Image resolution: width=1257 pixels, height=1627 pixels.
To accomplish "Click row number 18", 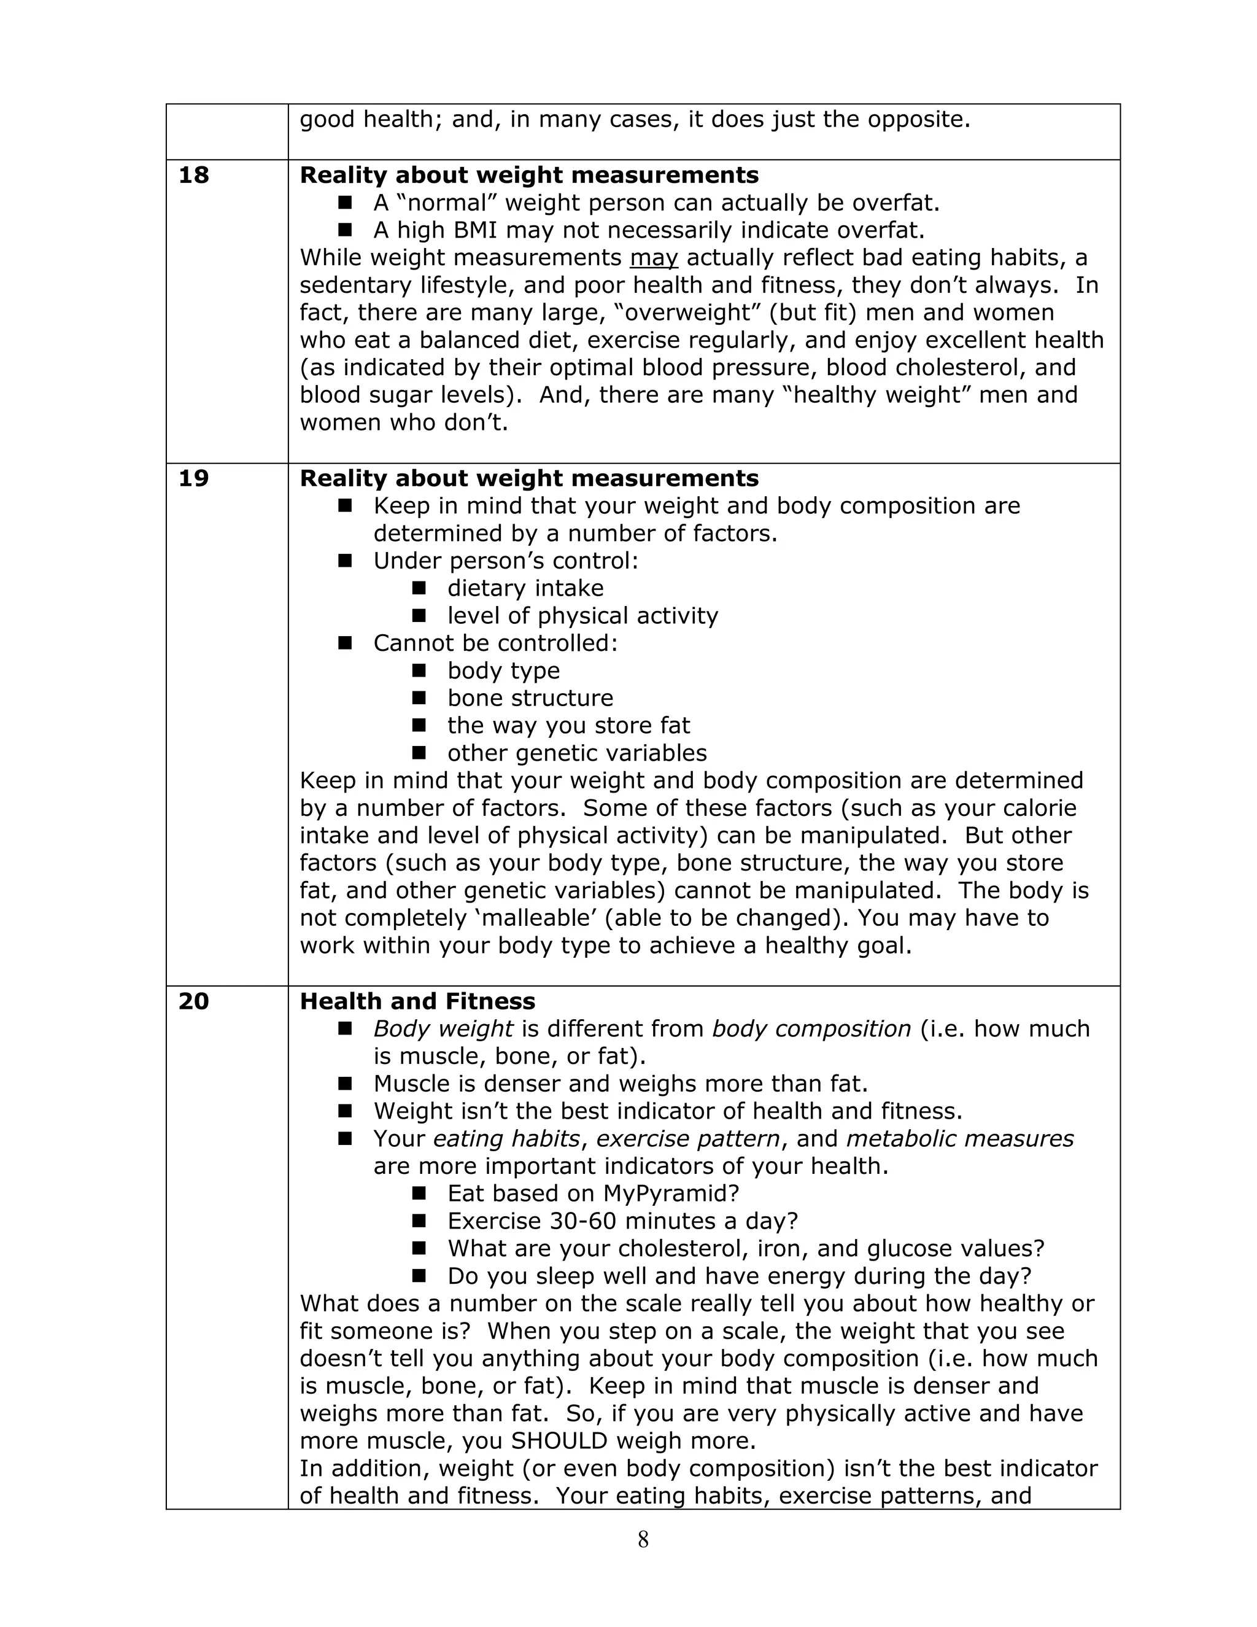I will [x=193, y=175].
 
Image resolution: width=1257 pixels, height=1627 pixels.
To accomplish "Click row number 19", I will [x=193, y=478].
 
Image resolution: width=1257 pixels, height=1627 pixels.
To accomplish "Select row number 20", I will [x=193, y=1001].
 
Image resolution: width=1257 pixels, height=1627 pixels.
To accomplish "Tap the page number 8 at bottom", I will [x=643, y=1539].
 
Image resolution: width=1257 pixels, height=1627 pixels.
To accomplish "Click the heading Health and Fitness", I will [x=417, y=1001].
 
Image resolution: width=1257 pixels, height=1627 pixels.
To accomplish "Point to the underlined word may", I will [x=654, y=258].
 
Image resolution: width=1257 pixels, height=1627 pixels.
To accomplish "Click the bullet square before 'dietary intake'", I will [x=419, y=588].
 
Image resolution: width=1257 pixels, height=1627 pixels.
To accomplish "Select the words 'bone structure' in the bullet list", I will [x=530, y=698].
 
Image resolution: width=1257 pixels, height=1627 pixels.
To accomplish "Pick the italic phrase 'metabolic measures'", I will [x=960, y=1138].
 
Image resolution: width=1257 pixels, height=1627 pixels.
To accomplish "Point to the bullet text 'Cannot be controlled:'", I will [x=495, y=643].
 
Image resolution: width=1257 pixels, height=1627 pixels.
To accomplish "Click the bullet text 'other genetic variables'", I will [x=577, y=753].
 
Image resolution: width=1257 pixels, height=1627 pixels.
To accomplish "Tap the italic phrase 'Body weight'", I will [x=443, y=1029].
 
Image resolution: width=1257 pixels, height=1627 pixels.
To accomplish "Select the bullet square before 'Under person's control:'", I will [x=345, y=560].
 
